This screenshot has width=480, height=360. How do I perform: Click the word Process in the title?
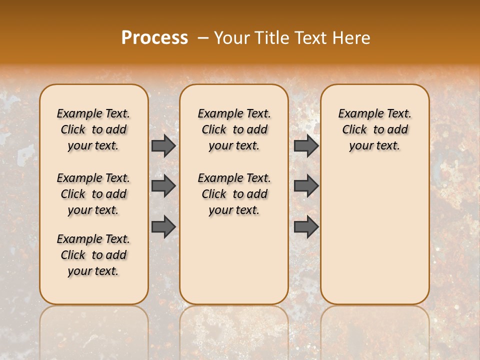tap(154, 38)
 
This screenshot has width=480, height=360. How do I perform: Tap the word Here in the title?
tap(352, 38)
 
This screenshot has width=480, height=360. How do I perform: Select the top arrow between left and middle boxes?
tap(163, 146)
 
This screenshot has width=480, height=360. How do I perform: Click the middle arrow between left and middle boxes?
tap(163, 186)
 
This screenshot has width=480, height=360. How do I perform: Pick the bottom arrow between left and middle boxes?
tap(163, 226)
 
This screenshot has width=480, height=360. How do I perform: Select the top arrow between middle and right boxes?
tap(306, 146)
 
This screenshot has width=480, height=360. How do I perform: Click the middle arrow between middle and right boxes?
tap(306, 186)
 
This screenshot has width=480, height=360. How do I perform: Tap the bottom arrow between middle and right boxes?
tap(306, 226)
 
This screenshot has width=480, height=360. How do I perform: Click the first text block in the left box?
tap(93, 129)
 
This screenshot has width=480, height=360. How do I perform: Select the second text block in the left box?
tap(93, 194)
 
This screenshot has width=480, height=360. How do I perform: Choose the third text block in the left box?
tap(93, 255)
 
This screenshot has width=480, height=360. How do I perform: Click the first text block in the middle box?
tap(234, 129)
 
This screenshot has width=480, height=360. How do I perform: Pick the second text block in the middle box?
tap(234, 194)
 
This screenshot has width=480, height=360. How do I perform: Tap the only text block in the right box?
tap(374, 129)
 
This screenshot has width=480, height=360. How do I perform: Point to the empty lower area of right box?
tap(374, 235)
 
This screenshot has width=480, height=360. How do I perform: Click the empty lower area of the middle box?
tap(234, 260)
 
